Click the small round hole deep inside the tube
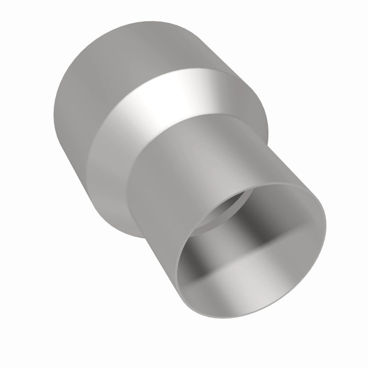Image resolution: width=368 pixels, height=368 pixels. [x=221, y=212]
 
